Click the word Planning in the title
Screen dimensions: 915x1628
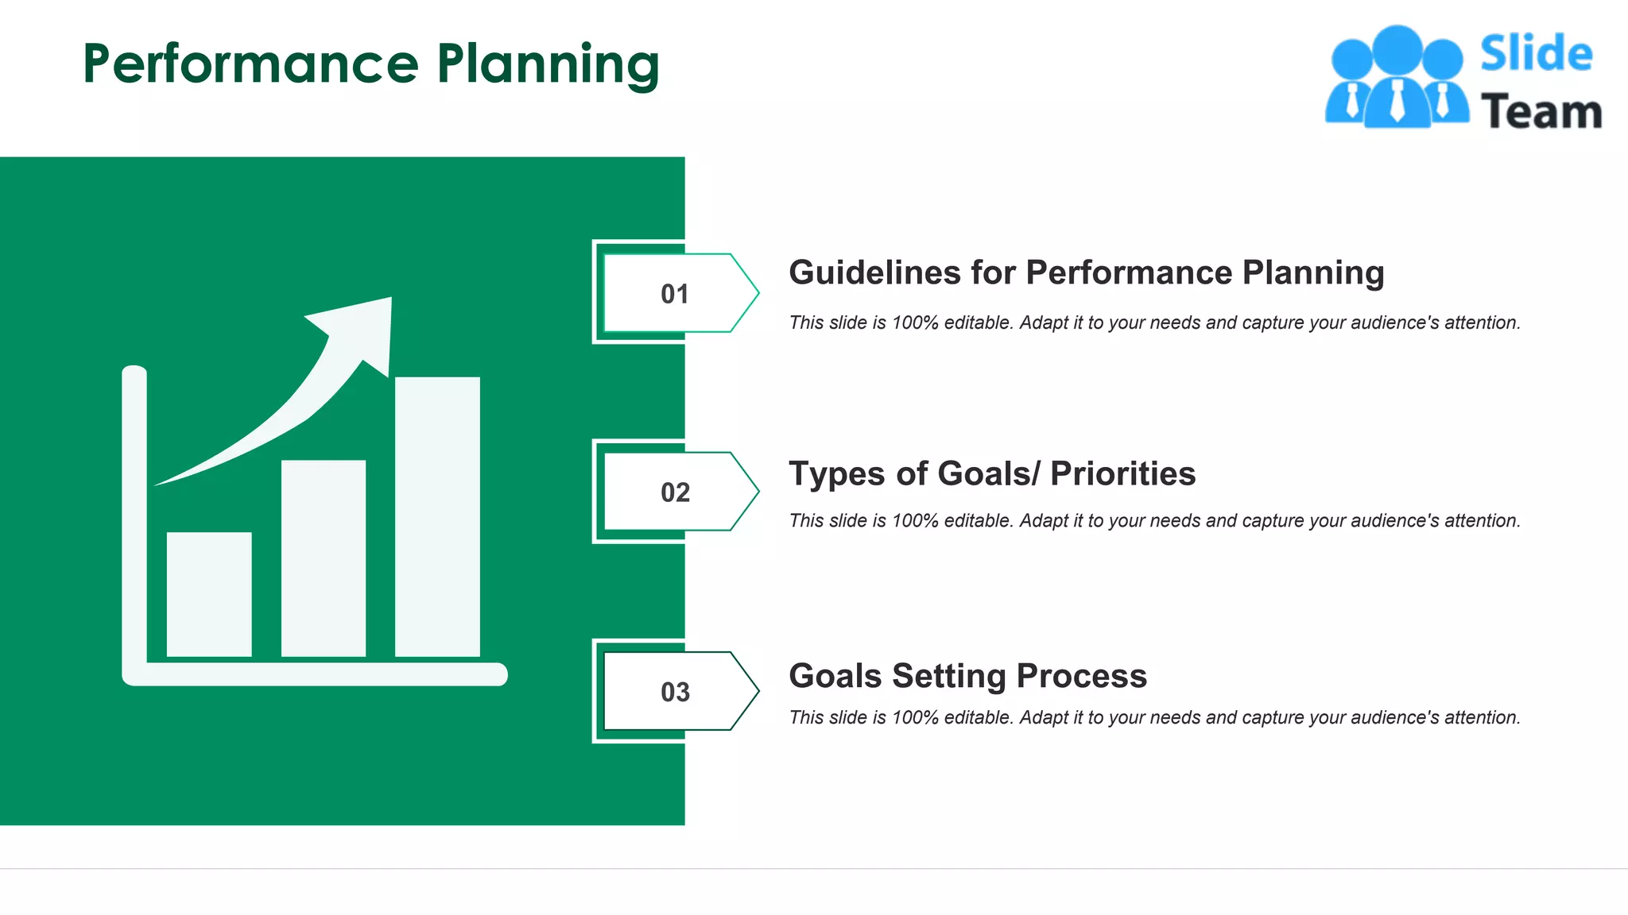pos(548,65)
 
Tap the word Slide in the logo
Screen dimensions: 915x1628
pos(1536,54)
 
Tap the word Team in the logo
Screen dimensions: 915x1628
pos(1541,112)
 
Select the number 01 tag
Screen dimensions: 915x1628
pos(675,294)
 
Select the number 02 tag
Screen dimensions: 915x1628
pos(675,492)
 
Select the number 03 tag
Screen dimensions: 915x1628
pos(675,692)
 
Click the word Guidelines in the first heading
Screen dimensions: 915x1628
pos(874,272)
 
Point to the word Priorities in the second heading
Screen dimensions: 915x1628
pos(1122,473)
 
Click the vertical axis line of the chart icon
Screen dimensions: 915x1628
pos(134,516)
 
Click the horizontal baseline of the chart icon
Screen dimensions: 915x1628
pos(318,674)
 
